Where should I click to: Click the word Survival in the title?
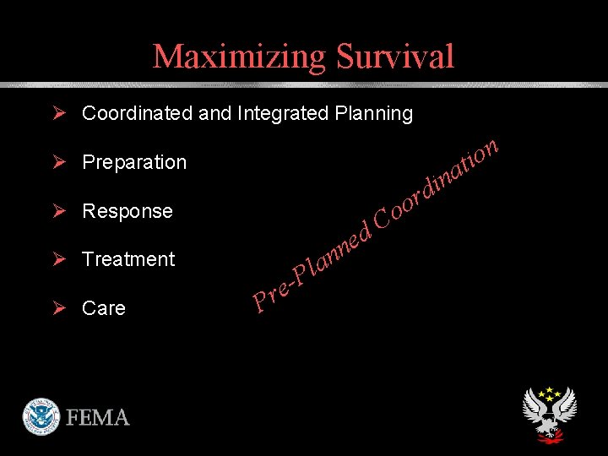coord(395,57)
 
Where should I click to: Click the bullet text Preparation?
coord(134,162)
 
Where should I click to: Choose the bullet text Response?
coord(128,211)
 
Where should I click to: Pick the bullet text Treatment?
coord(128,259)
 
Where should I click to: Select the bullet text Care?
coord(104,308)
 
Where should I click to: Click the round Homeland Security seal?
coord(41,416)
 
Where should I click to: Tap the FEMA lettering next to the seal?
coord(98,418)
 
